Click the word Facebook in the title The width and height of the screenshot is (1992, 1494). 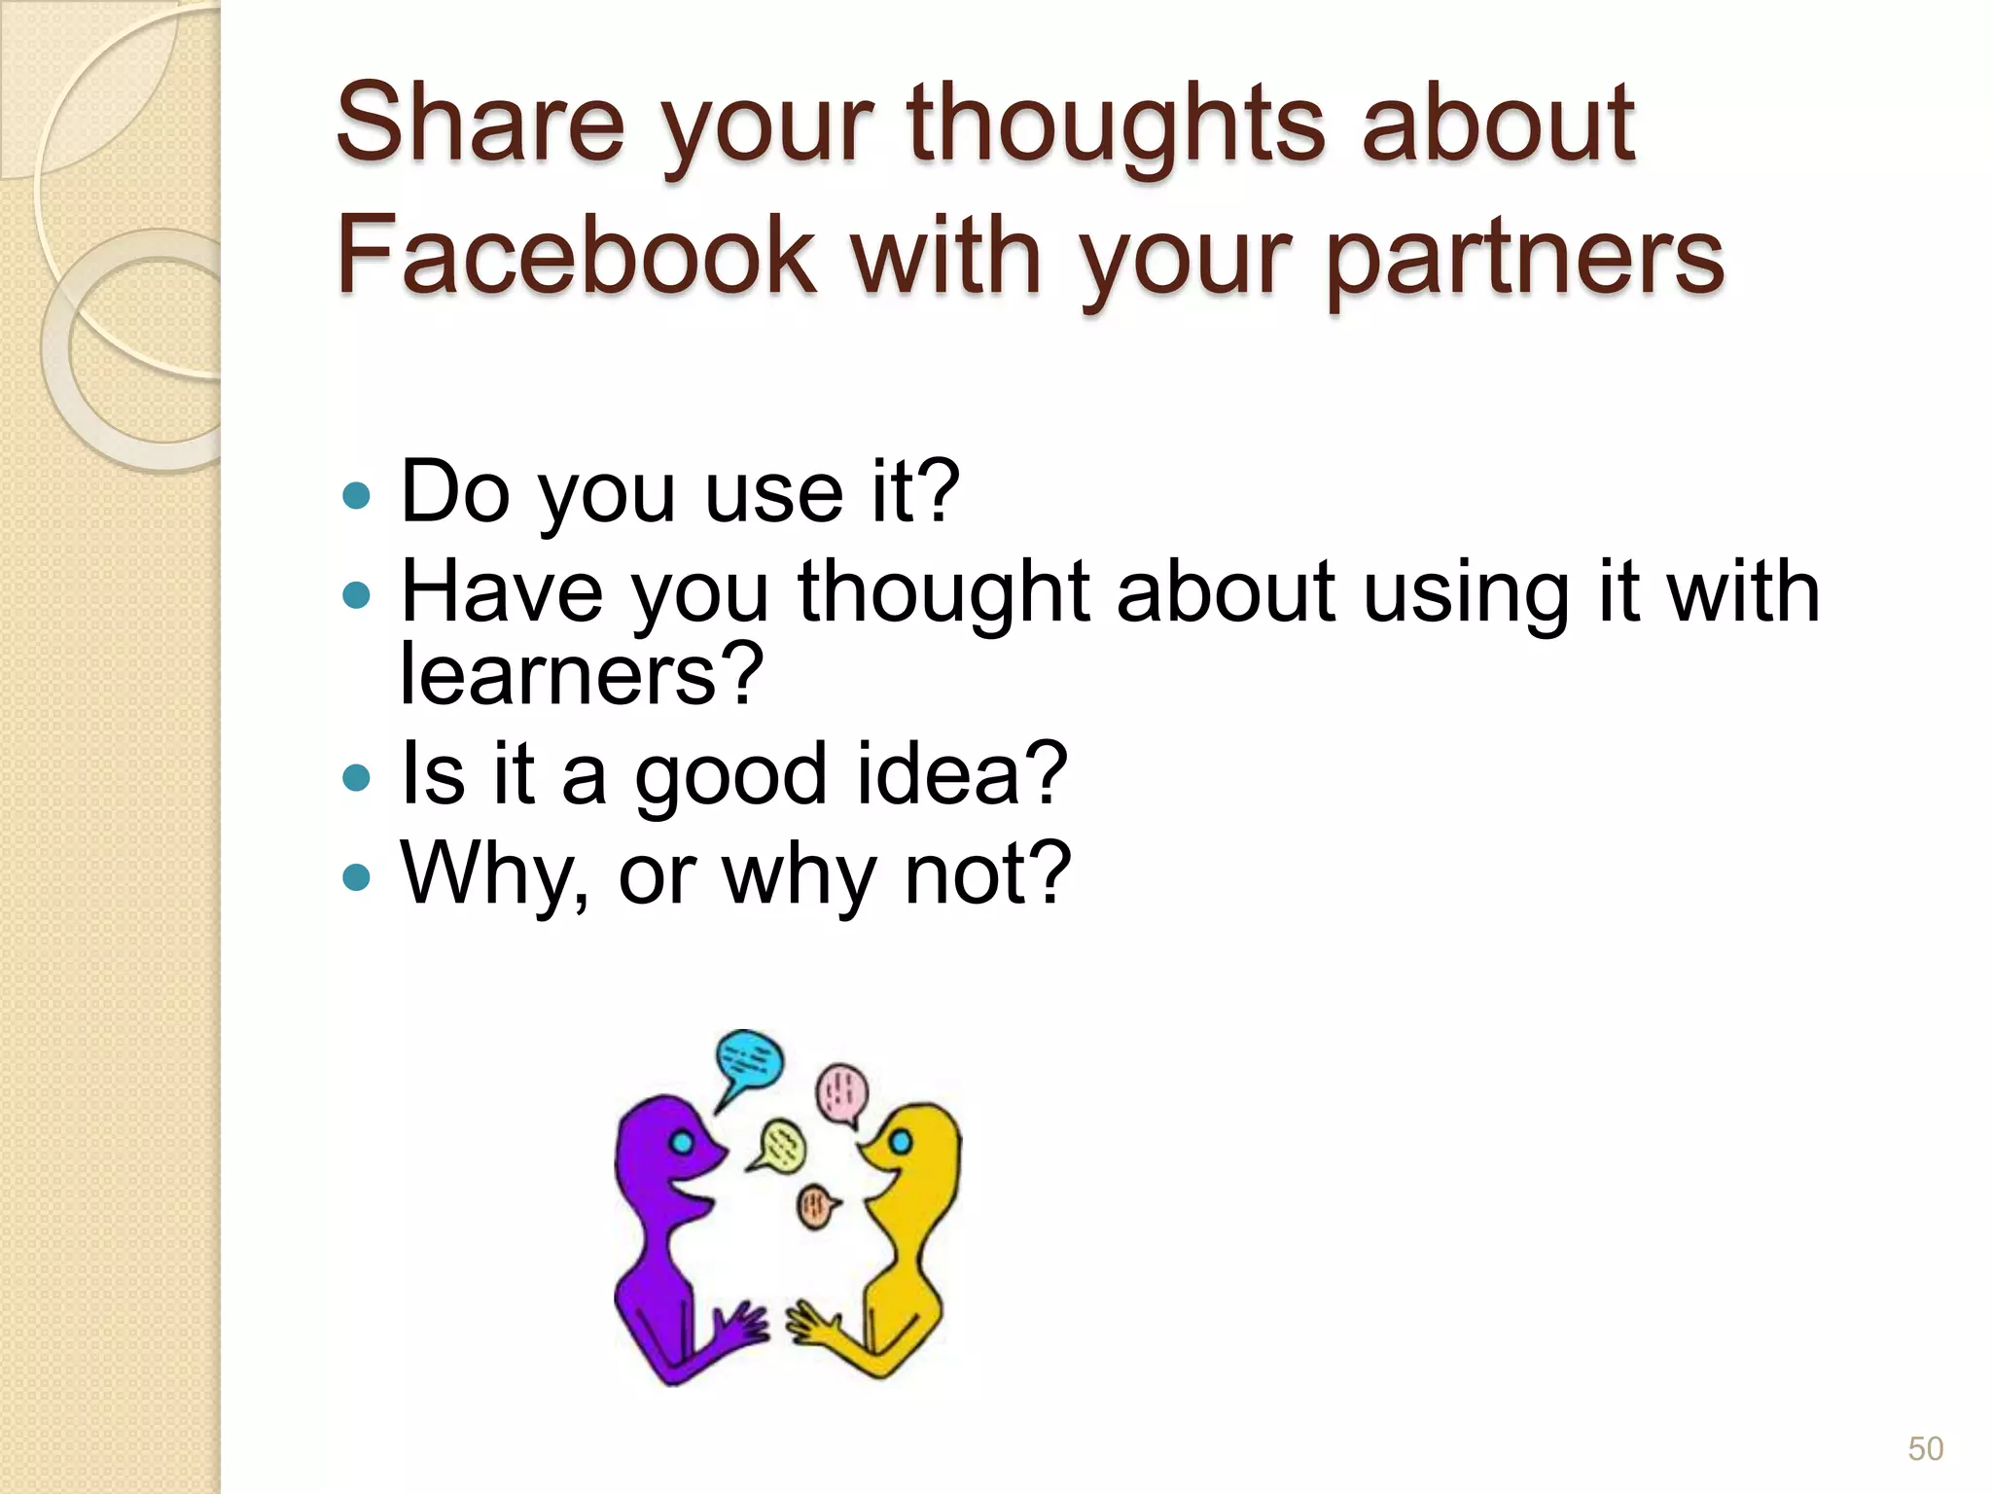pos(576,255)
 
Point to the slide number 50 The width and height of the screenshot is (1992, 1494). pos(1925,1448)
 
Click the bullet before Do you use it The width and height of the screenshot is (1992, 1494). pos(357,495)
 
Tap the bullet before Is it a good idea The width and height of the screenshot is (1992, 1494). pos(357,777)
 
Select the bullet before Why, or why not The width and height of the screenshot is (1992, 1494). pos(357,876)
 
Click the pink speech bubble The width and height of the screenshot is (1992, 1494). pos(840,1093)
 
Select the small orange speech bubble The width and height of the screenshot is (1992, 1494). pos(816,1207)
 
